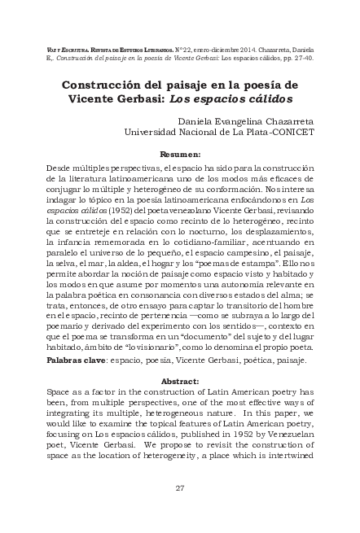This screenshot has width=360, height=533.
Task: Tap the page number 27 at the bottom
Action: click(x=180, y=487)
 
